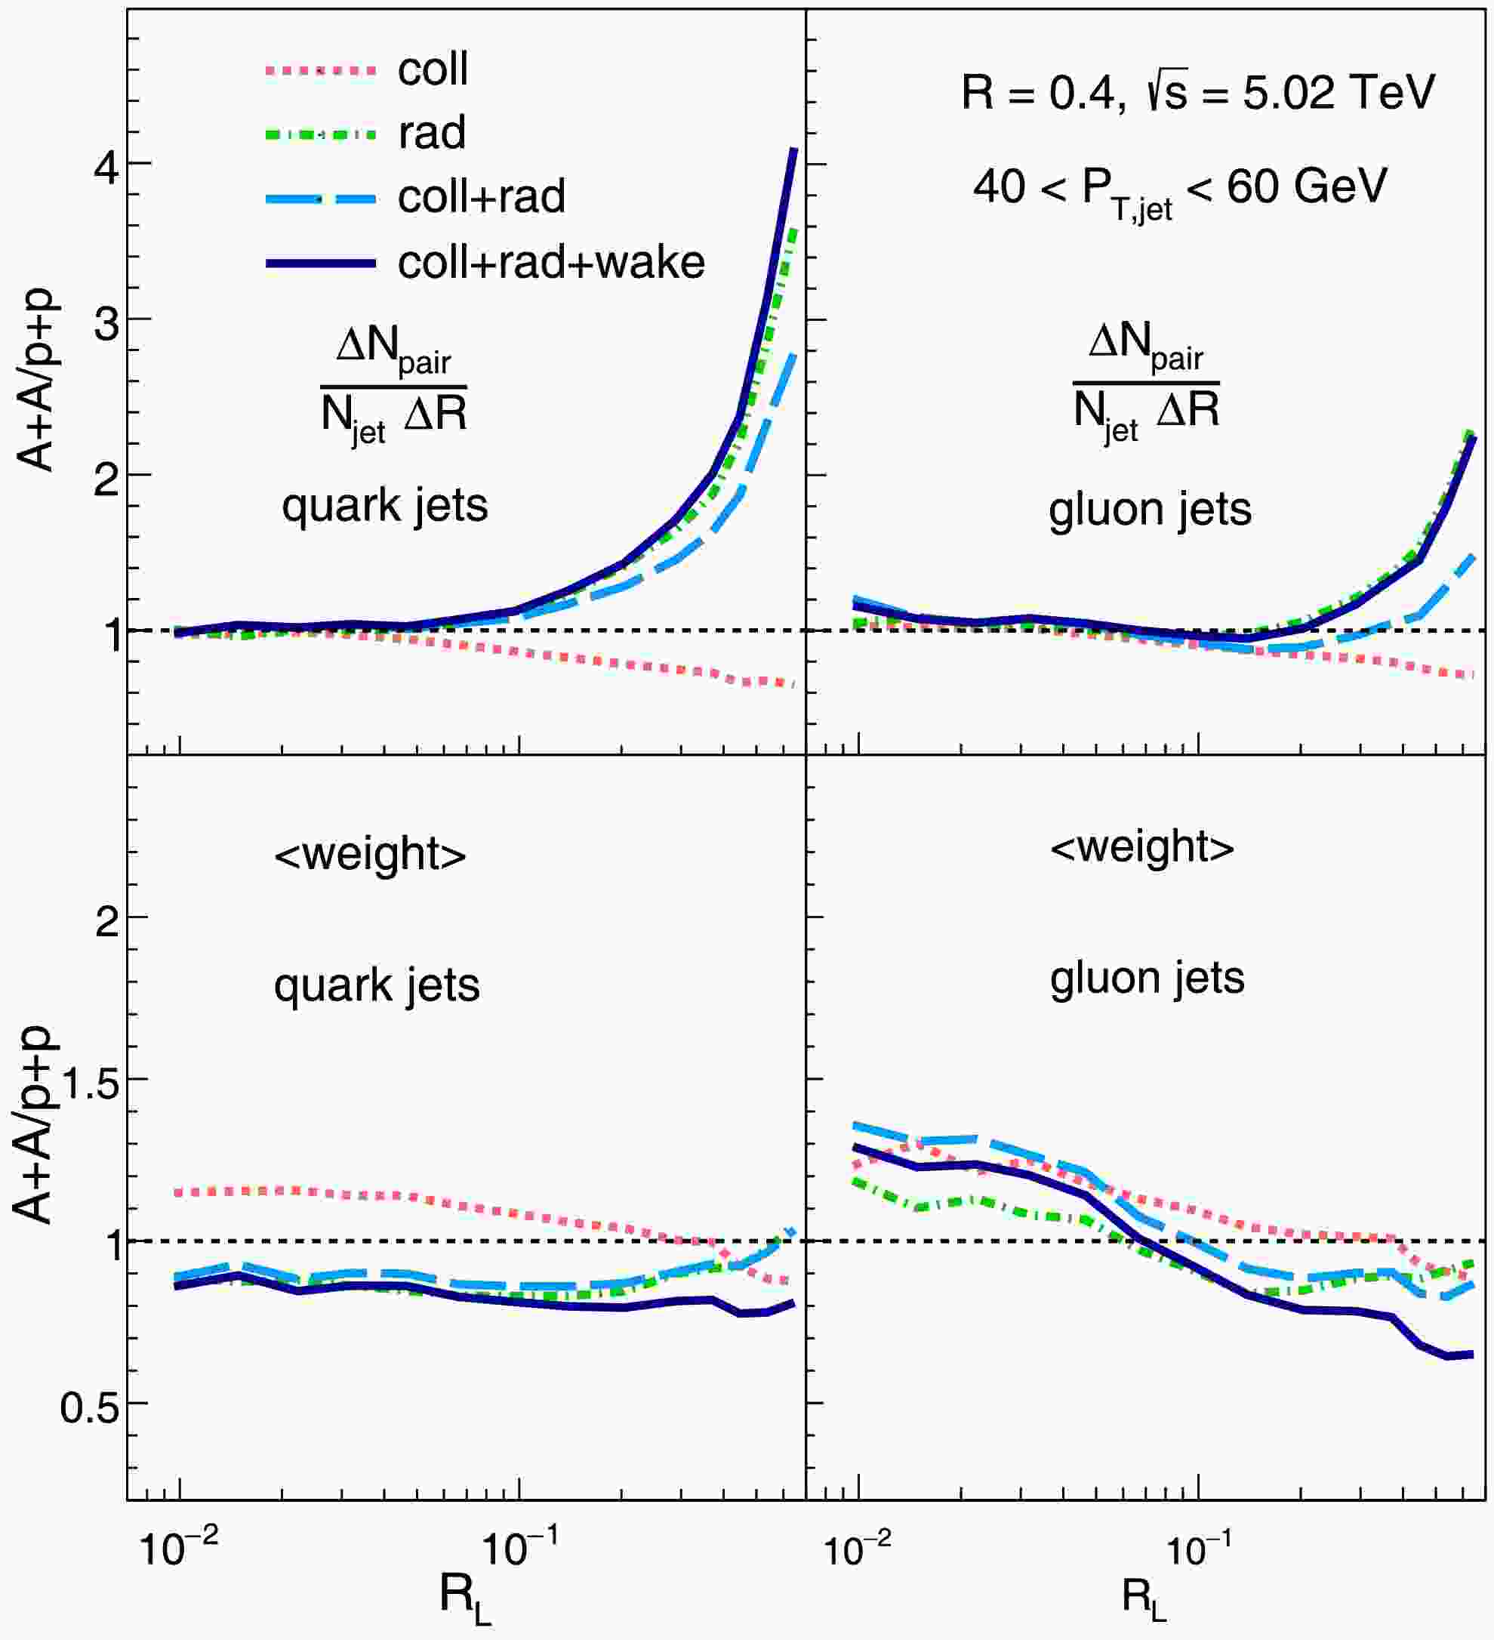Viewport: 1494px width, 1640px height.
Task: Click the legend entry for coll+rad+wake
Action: [x=550, y=263]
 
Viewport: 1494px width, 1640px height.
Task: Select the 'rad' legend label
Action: [x=432, y=133]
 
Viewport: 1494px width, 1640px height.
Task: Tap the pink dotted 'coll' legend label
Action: [x=433, y=70]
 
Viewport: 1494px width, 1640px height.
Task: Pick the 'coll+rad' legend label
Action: [x=482, y=197]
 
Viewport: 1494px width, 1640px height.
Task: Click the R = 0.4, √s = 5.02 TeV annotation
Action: [x=1197, y=92]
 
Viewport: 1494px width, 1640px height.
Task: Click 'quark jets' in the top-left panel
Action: [x=385, y=506]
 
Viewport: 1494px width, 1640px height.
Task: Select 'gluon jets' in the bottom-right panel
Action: [x=1147, y=978]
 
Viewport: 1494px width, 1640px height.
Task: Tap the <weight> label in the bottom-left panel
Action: [x=370, y=854]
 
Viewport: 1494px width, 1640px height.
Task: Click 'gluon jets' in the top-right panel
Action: [x=1150, y=510]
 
